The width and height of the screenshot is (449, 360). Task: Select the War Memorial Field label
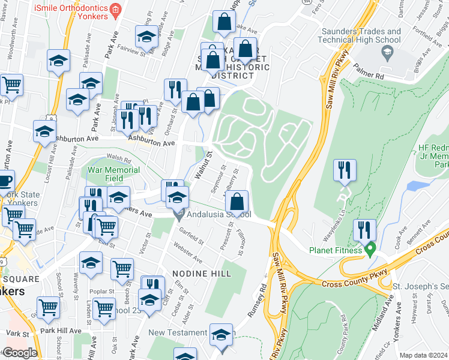pyautogui.click(x=114, y=174)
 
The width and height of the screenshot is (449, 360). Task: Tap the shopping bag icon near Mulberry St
pyautogui.click(x=238, y=201)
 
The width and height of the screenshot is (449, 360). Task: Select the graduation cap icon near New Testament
pyautogui.click(x=221, y=334)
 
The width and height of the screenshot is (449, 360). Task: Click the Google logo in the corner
pyautogui.click(x=20, y=353)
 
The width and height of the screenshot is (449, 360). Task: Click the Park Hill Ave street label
pyautogui.click(x=61, y=331)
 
